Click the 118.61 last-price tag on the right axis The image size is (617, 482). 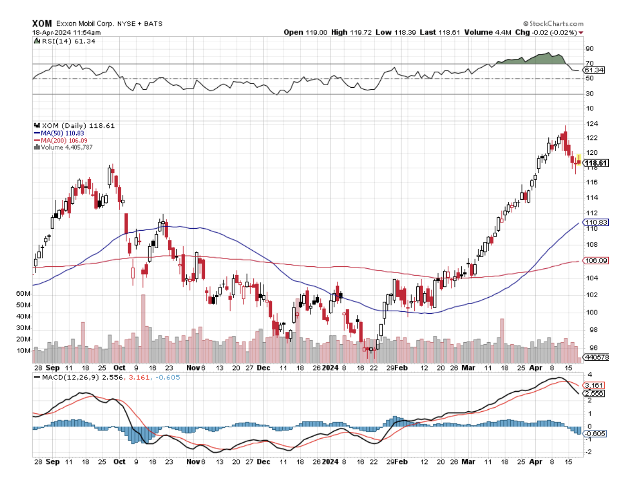tap(596, 163)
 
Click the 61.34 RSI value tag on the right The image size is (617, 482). tap(592, 70)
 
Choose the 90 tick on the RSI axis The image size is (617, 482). tap(588, 49)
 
